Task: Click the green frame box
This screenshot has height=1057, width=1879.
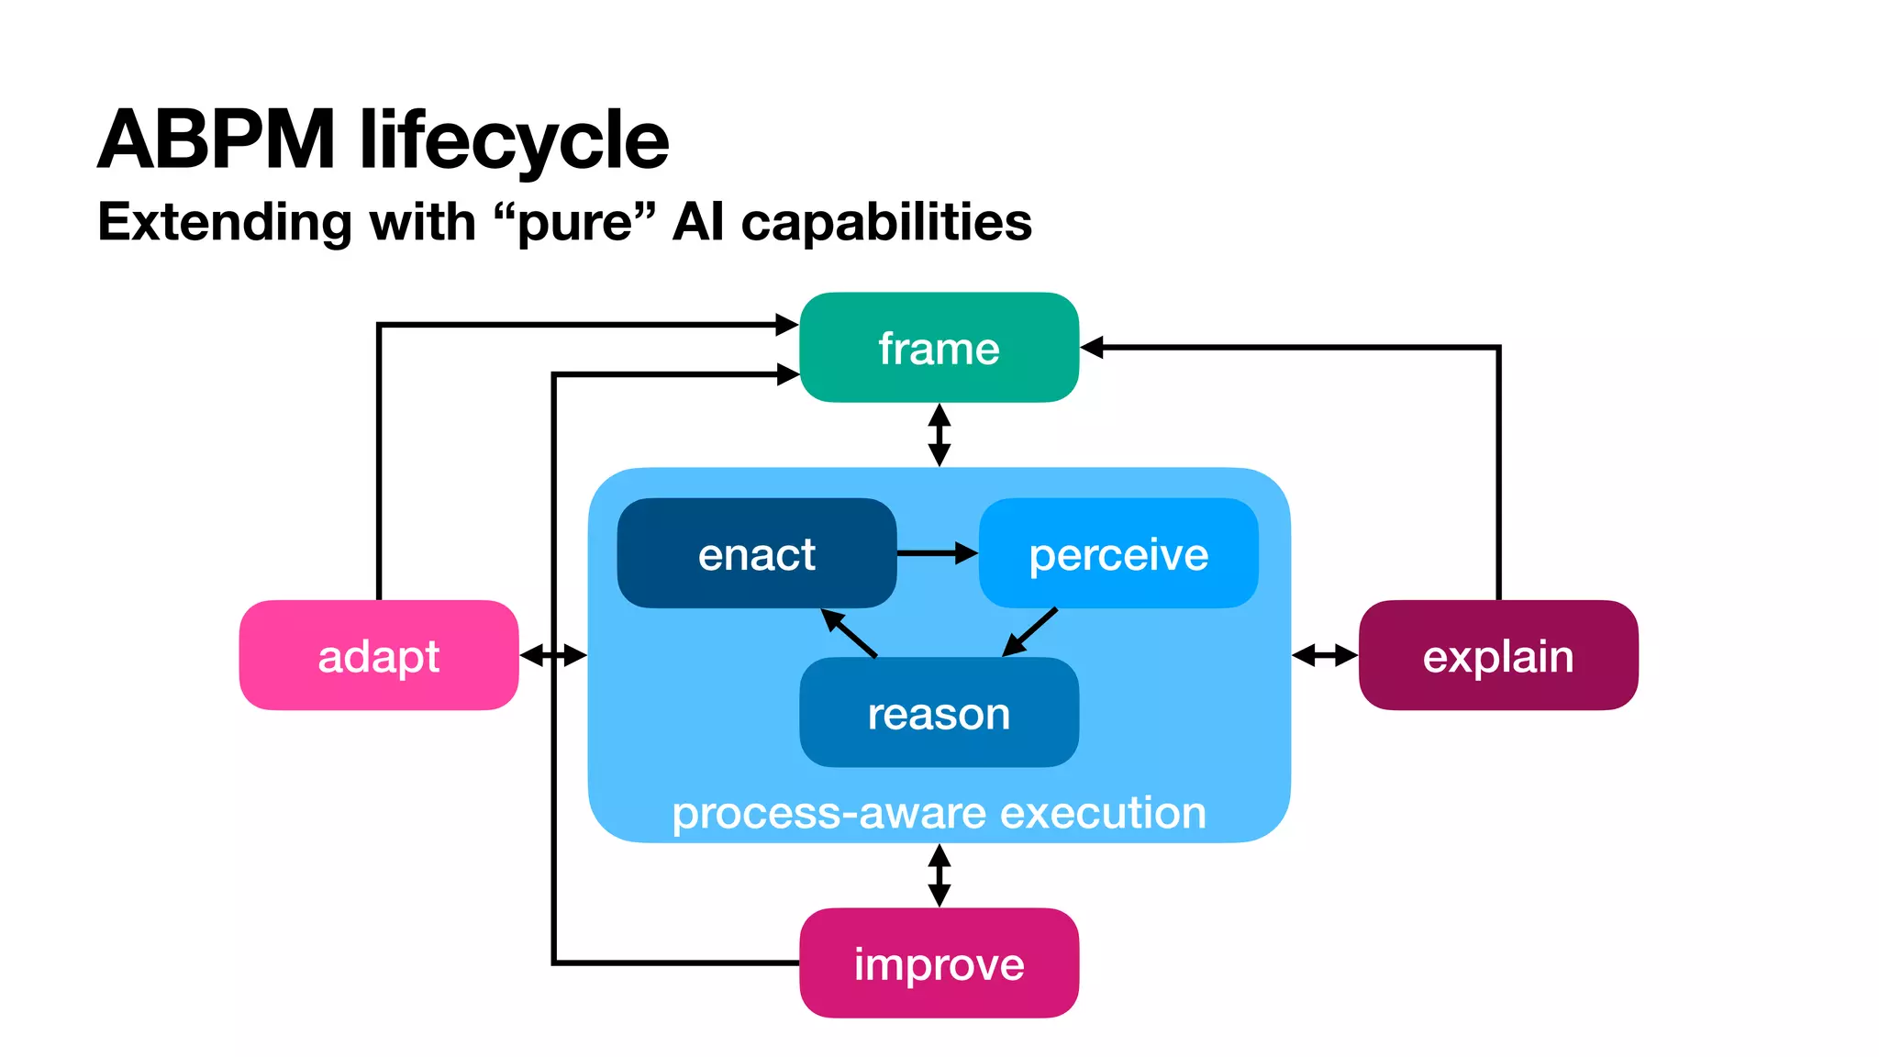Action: (x=939, y=348)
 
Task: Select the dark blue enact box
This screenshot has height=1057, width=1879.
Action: (x=756, y=553)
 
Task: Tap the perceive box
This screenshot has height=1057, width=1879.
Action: (x=1118, y=553)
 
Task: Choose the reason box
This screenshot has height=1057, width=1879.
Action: (x=939, y=713)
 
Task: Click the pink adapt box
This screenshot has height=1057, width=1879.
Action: (x=378, y=655)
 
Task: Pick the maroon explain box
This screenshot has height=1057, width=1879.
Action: (x=1497, y=655)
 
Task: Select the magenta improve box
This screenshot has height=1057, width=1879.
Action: (x=939, y=962)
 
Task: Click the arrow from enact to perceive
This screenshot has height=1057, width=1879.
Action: (x=936, y=553)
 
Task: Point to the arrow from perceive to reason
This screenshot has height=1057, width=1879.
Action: (x=1030, y=631)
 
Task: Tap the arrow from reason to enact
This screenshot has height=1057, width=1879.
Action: (x=849, y=632)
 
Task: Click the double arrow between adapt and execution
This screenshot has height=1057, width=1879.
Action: (x=552, y=655)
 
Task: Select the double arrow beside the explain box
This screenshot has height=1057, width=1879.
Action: (x=1324, y=655)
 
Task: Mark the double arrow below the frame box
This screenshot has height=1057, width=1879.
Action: (x=939, y=435)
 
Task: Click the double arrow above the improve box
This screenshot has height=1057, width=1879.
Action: (x=939, y=875)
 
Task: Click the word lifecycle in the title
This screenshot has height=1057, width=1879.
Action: (x=514, y=139)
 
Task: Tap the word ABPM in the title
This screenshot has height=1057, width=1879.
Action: (x=217, y=139)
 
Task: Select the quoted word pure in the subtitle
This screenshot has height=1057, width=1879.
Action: (x=574, y=222)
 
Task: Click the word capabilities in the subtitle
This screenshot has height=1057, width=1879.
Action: (x=886, y=222)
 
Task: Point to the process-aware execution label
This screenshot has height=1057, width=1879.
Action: (x=939, y=812)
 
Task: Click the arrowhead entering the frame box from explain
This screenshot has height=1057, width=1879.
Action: (x=1092, y=348)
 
